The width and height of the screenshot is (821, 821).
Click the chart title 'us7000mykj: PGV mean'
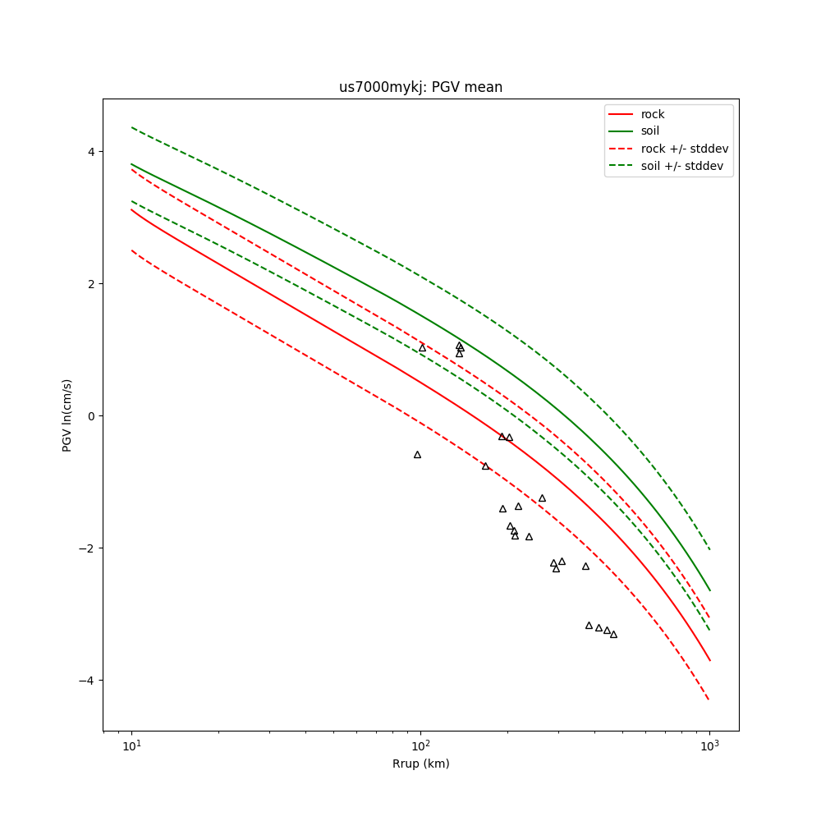pos(420,87)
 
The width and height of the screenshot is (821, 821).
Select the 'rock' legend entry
pos(653,114)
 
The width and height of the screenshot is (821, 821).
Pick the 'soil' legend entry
pos(650,131)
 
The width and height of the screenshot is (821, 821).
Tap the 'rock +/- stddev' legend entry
pos(685,149)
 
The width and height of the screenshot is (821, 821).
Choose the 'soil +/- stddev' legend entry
pos(684,166)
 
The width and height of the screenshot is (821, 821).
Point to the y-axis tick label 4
pos(92,152)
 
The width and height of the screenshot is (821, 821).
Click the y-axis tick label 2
pos(92,284)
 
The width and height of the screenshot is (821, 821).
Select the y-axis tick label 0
pos(92,416)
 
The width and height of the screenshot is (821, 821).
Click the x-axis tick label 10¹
pos(131,746)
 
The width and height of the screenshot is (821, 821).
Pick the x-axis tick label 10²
pos(420,746)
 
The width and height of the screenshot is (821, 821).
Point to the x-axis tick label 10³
pos(709,746)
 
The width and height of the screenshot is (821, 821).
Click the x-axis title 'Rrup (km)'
pos(420,764)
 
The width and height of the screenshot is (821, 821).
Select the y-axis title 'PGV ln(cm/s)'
pos(67,415)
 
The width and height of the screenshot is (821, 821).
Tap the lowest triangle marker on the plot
pos(613,635)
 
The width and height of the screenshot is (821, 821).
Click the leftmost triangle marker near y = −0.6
pos(417,455)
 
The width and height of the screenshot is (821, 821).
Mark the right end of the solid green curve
pos(709,589)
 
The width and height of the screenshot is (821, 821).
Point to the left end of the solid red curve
pos(131,209)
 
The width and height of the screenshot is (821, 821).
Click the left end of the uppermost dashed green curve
pos(131,127)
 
